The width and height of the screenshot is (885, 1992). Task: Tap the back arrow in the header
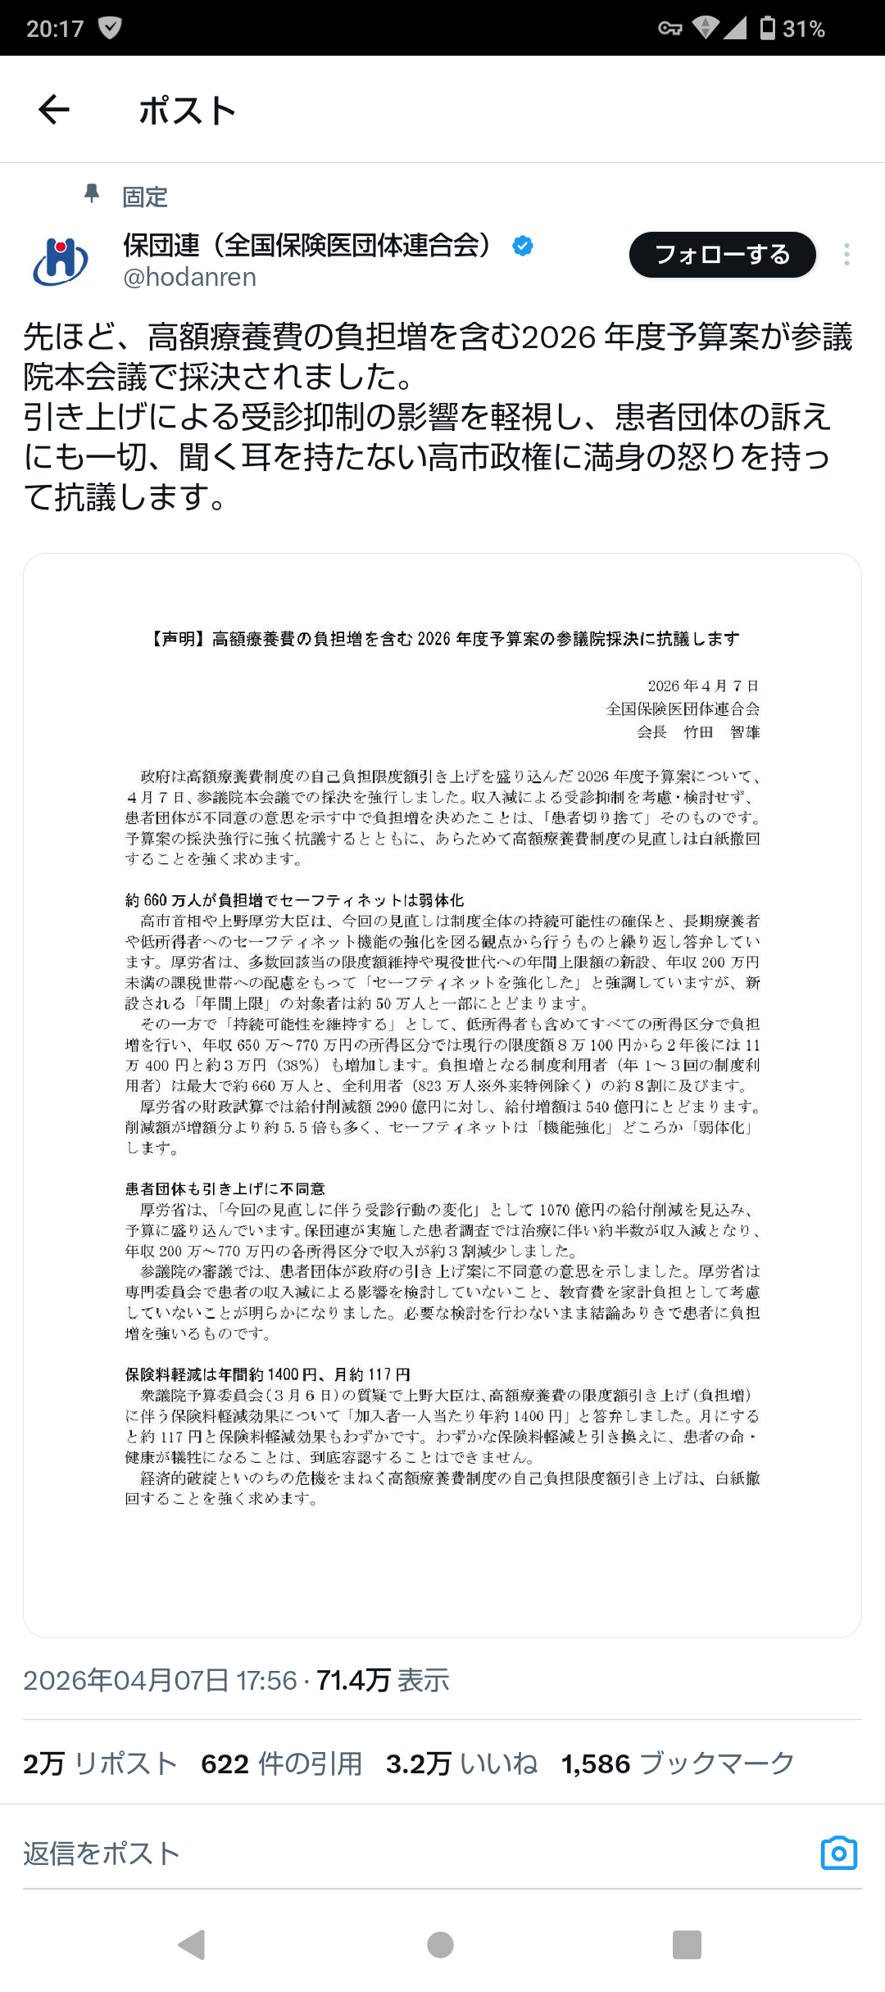tap(54, 109)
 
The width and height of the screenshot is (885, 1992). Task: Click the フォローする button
tap(722, 255)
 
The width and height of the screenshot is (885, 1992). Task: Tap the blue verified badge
tap(523, 245)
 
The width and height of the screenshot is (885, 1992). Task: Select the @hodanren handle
tap(189, 278)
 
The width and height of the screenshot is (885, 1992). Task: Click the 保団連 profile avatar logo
tap(61, 261)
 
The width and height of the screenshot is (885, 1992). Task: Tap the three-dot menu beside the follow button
tap(846, 255)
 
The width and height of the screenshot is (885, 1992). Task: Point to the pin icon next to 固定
tap(92, 194)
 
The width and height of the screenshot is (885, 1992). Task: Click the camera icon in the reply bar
tap(838, 1853)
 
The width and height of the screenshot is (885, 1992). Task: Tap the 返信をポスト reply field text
tap(102, 1854)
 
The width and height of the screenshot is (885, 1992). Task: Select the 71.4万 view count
tap(353, 1680)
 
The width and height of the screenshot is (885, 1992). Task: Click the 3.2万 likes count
tap(419, 1763)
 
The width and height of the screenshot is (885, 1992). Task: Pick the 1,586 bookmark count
tap(596, 1763)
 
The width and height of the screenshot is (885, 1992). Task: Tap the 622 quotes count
tap(225, 1763)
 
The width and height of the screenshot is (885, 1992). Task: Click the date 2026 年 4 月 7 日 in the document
tap(703, 686)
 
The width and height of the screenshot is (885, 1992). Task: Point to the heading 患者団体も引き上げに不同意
tap(225, 1188)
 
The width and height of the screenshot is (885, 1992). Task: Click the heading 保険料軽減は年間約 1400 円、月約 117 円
tap(268, 1374)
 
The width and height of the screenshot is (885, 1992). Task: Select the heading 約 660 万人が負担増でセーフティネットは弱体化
tap(295, 900)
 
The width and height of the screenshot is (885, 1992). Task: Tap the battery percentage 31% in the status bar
tap(803, 29)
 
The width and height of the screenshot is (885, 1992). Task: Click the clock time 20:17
tap(55, 29)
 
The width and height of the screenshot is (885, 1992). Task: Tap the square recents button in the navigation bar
tap(687, 1944)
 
